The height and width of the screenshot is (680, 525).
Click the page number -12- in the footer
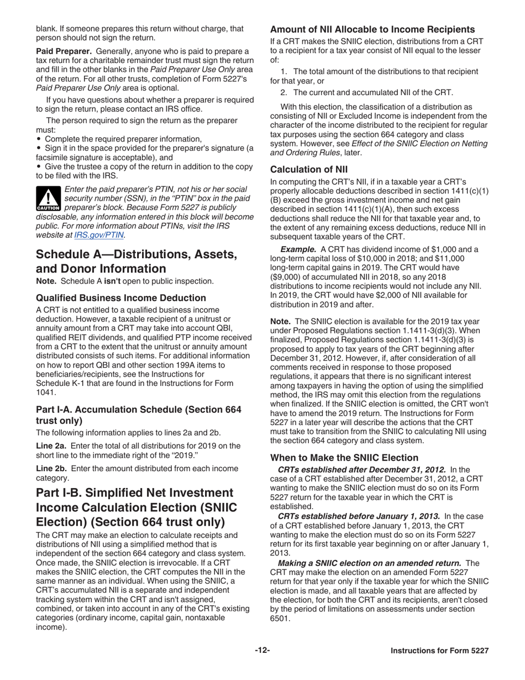[x=262, y=651]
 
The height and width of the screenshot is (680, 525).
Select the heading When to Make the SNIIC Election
[x=344, y=458]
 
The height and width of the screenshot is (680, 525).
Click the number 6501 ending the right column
[x=280, y=619]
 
